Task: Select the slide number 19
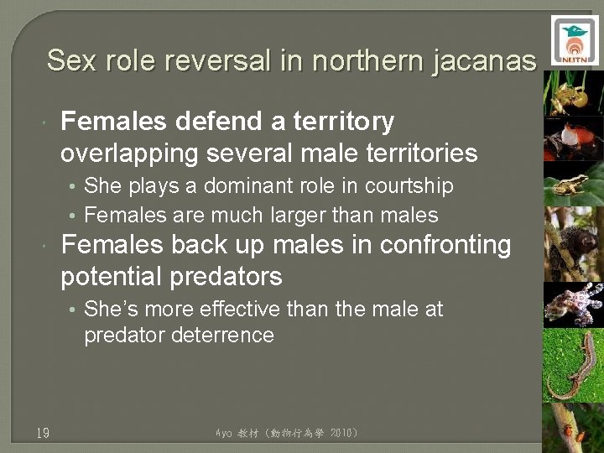(x=43, y=433)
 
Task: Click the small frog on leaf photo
(x=574, y=183)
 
